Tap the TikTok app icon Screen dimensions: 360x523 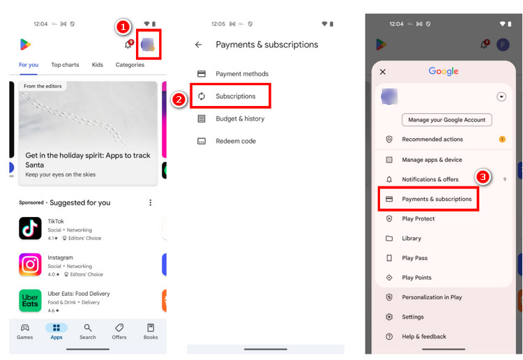(x=30, y=228)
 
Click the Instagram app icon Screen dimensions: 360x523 (x=30, y=264)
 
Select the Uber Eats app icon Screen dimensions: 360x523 (x=30, y=301)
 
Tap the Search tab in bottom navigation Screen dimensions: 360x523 (x=88, y=331)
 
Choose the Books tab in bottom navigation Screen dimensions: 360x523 (x=151, y=331)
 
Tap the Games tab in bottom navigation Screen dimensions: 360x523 (x=25, y=331)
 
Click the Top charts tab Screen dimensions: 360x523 (x=65, y=65)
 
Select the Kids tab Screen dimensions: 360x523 (x=98, y=65)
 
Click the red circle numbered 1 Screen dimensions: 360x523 (x=123, y=27)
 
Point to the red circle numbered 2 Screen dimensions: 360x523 (x=179, y=100)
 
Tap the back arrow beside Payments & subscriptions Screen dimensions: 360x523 (x=199, y=45)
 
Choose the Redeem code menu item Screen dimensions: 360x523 (x=235, y=141)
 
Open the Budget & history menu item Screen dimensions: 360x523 (x=239, y=119)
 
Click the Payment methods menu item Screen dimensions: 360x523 (x=241, y=74)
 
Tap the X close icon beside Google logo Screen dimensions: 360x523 (x=383, y=72)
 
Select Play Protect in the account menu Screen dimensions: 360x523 (x=418, y=218)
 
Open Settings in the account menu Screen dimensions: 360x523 (x=412, y=317)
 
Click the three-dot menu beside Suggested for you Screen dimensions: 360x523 (x=150, y=202)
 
